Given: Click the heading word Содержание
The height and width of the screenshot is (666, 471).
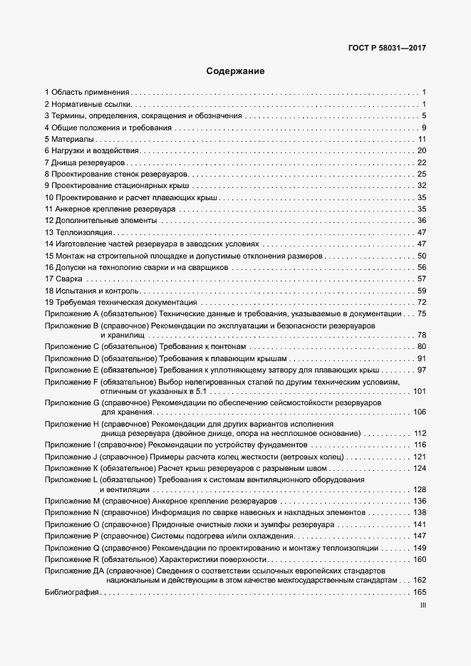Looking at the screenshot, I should click(x=235, y=71).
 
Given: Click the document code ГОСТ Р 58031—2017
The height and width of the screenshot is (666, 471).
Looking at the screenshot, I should click(x=388, y=48).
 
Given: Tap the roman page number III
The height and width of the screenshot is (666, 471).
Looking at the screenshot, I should click(x=423, y=605).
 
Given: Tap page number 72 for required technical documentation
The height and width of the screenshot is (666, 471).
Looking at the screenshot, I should click(x=421, y=303).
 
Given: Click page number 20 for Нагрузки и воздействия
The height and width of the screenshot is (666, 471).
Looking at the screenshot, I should click(x=421, y=151).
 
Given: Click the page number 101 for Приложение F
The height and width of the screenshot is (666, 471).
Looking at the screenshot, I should click(x=419, y=391).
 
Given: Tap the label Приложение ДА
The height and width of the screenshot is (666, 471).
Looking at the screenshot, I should click(x=74, y=571).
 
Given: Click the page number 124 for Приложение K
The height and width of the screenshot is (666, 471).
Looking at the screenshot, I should click(x=419, y=468).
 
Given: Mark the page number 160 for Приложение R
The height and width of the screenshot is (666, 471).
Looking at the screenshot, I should click(x=419, y=559).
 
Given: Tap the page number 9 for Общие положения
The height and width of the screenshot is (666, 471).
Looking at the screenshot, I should click(x=423, y=128).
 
